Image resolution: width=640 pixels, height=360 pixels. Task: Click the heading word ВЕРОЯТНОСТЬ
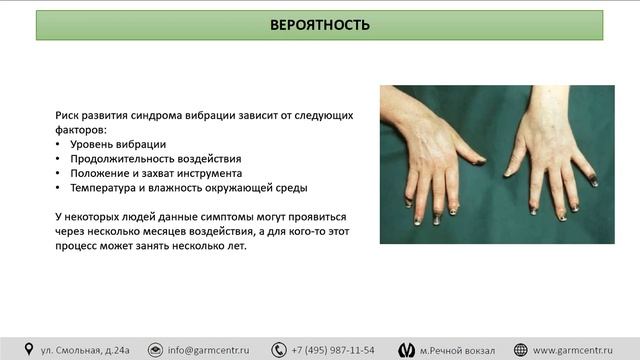pyautogui.click(x=320, y=25)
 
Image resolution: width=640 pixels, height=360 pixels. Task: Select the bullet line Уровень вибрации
pyautogui.click(x=125, y=144)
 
